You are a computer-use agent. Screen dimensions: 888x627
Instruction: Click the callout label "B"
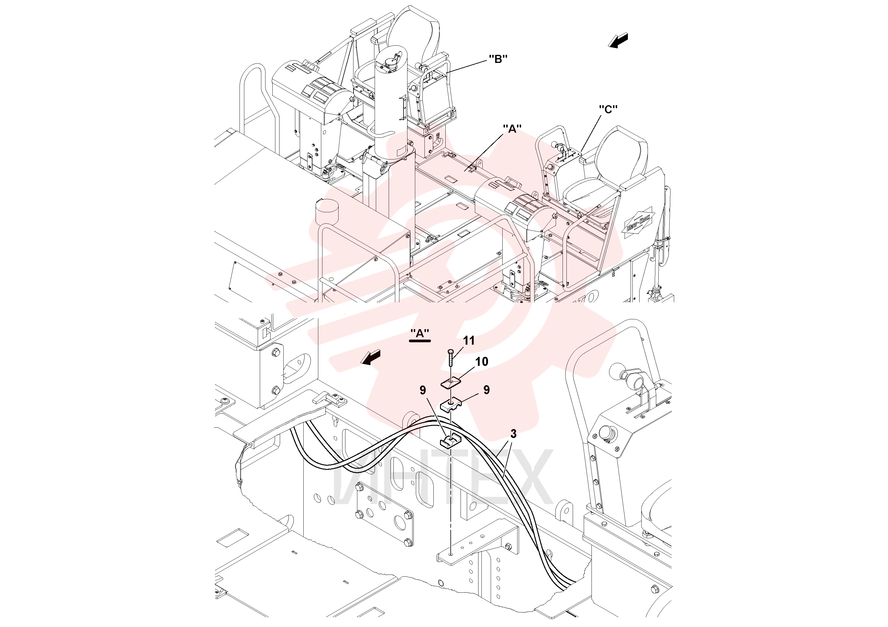tap(498, 59)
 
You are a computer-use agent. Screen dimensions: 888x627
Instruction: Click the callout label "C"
tap(608, 110)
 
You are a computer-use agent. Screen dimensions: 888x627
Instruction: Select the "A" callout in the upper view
tap(512, 129)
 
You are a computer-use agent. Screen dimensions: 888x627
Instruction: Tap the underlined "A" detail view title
tap(420, 334)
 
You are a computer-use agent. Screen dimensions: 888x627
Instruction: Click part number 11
tap(469, 340)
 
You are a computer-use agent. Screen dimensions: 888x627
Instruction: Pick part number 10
tap(481, 361)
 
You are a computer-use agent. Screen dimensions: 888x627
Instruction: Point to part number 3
tap(513, 434)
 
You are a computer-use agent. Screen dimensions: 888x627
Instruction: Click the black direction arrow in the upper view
tap(618, 40)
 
